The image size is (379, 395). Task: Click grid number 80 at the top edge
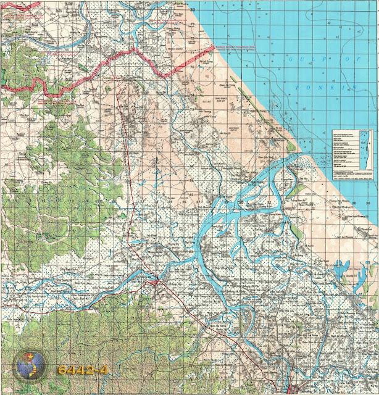pyautogui.click(x=192, y=10)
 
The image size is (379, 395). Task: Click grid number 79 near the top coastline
pyautogui.click(x=192, y=24)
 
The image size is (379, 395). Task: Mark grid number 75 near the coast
pyautogui.click(x=192, y=81)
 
